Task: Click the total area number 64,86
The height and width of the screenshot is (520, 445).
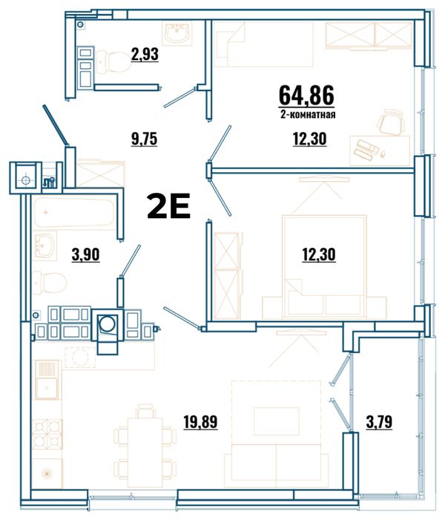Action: (x=306, y=95)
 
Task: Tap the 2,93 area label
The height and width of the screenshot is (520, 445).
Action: (x=145, y=54)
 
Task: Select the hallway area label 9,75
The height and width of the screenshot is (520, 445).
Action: (x=144, y=139)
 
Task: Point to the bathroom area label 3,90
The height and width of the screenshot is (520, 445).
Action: (x=85, y=254)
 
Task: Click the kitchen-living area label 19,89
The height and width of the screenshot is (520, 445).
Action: (x=200, y=422)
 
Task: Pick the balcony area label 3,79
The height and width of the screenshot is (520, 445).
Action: (x=379, y=422)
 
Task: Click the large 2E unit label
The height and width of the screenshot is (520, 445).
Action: (x=169, y=206)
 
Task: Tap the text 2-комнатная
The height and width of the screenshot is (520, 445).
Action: (x=308, y=115)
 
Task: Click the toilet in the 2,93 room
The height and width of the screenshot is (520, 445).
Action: (x=113, y=62)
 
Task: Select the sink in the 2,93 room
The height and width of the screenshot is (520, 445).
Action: (x=177, y=33)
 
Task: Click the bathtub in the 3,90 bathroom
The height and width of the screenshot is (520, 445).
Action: (x=74, y=212)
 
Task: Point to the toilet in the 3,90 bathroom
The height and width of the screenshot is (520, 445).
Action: (x=50, y=283)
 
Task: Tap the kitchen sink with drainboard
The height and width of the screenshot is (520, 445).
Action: (x=47, y=380)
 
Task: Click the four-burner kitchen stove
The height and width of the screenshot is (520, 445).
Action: (x=47, y=434)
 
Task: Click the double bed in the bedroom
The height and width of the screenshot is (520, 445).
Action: (x=324, y=266)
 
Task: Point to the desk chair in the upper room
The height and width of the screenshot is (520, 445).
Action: (x=391, y=122)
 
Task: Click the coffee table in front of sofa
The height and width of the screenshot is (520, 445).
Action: (x=276, y=421)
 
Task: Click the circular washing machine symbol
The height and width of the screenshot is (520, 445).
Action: (x=108, y=323)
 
